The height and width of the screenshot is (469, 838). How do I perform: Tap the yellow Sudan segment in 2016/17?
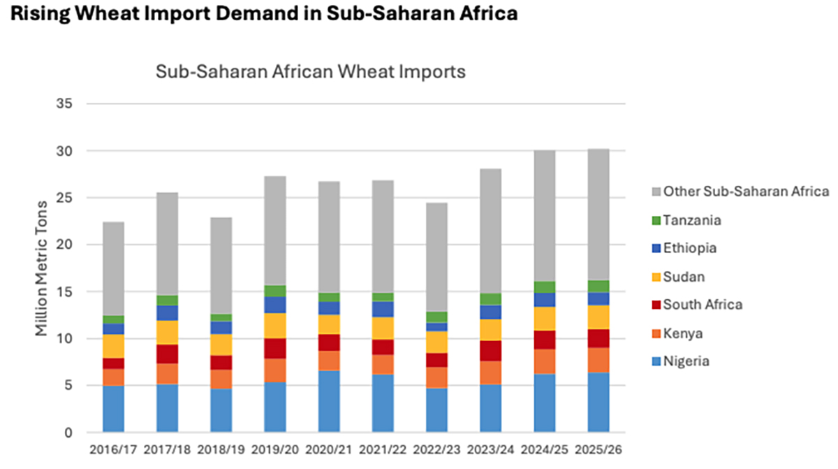point(113,346)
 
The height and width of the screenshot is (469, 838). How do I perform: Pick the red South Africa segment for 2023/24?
point(491,351)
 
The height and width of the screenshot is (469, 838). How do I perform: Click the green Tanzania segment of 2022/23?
point(436,317)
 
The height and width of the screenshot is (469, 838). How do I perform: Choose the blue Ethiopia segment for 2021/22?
point(383,309)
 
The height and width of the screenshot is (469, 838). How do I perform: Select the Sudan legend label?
point(684,277)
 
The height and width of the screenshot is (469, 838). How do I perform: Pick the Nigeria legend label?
point(686,361)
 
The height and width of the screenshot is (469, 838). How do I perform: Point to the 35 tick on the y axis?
point(64,103)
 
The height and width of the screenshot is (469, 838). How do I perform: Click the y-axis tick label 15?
point(64,291)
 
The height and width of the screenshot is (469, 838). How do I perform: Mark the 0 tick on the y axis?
point(68,433)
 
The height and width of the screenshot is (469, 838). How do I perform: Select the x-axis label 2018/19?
point(221,449)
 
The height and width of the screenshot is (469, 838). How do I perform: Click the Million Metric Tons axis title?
point(42,268)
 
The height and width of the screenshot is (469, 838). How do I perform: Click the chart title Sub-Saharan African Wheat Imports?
point(310,72)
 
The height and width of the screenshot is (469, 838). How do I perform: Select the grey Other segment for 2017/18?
point(167,244)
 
